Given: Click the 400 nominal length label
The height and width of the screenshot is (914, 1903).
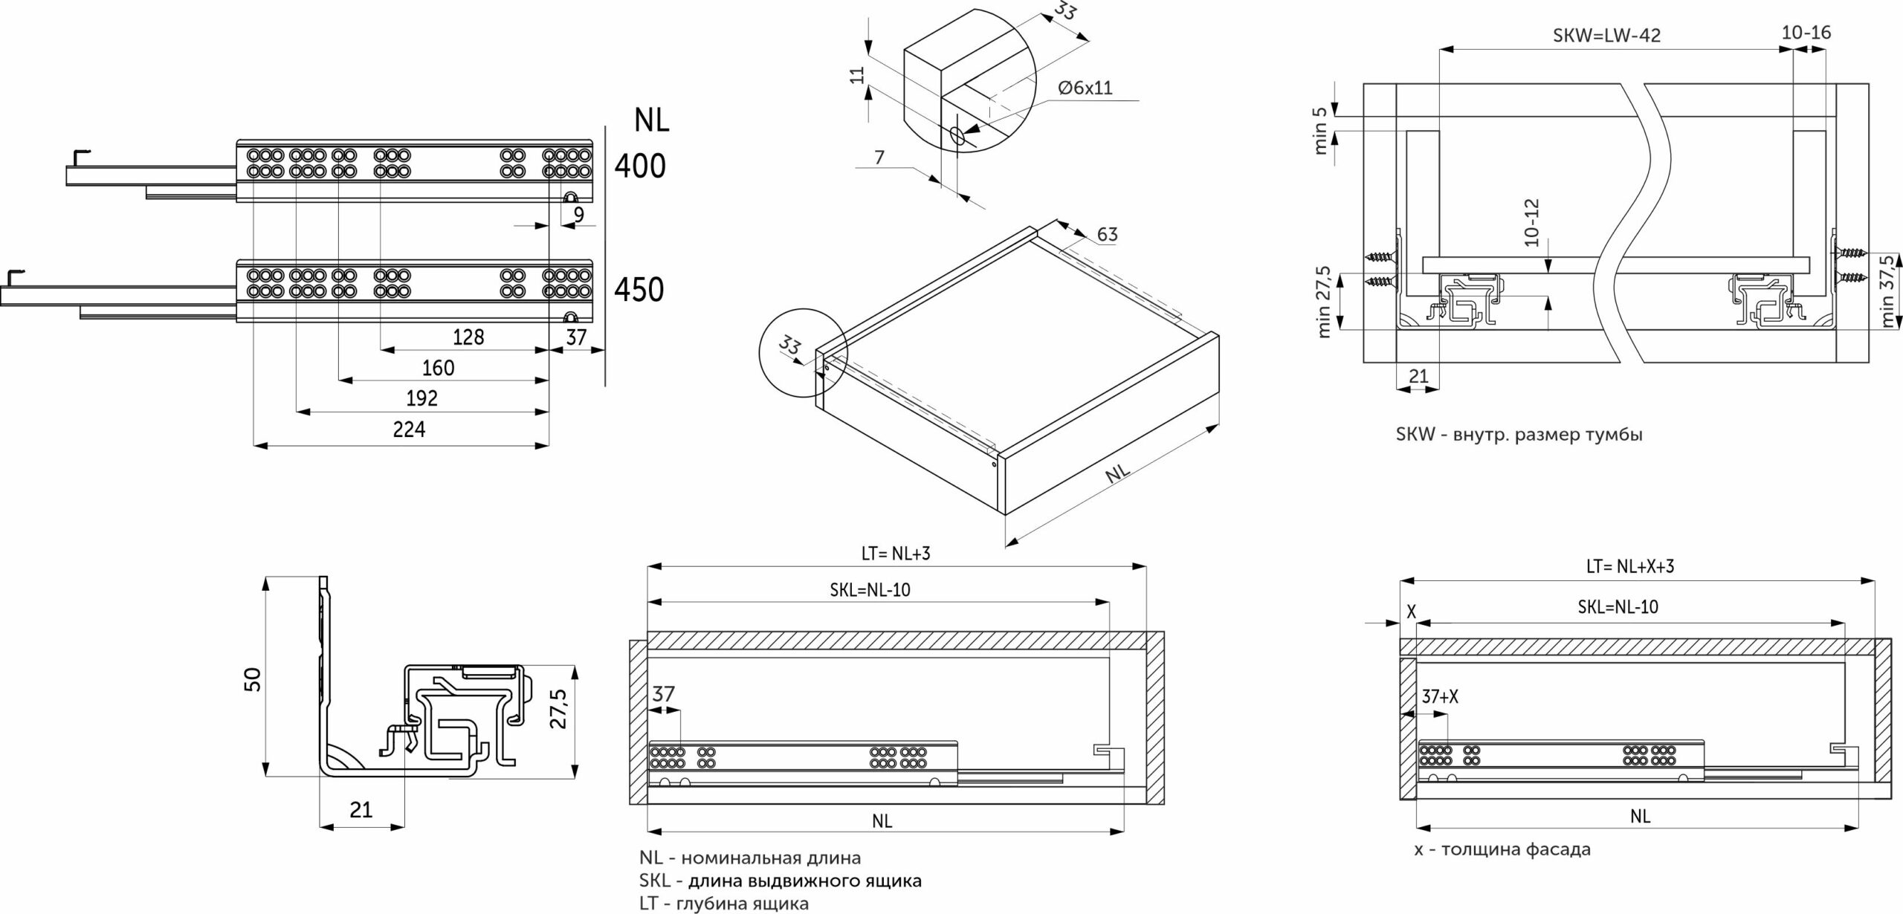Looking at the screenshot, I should coord(640,166).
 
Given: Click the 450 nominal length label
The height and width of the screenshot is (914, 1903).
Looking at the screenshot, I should coord(639,289).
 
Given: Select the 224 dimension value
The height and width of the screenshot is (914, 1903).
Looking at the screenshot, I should coord(409,429).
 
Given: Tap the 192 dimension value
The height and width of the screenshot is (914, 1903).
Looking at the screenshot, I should coord(421,398).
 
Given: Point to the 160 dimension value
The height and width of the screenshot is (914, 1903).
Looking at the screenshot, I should coord(438,368).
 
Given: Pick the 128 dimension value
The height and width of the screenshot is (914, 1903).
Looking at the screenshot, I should coord(468,337).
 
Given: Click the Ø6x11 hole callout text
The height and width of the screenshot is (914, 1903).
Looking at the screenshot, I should coord(1085,88).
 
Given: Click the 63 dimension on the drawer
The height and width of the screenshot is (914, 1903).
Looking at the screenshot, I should coord(1107,234).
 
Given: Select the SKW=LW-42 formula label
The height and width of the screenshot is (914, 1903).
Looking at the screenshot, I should coord(1606,36).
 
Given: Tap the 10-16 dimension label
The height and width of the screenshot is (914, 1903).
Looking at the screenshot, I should coord(1806,33).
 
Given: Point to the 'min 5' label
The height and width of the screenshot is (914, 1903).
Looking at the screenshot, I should coord(1320,131).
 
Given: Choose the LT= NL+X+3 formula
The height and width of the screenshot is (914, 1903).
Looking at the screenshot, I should coord(1629,566).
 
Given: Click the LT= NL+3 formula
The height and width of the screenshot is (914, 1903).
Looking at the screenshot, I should coord(896,553).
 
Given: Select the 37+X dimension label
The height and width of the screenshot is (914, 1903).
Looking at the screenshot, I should coord(1440,697).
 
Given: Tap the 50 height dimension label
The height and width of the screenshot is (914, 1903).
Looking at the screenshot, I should coord(253,678).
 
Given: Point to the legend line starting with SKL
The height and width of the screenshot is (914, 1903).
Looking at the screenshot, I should coord(780,881).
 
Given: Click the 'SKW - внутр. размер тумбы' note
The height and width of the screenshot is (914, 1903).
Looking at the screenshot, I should coord(1519,435).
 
